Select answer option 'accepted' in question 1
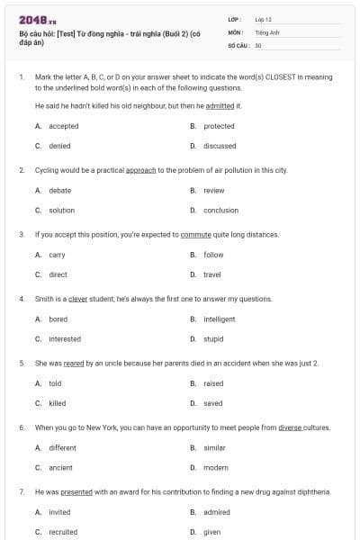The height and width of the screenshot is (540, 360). (63, 126)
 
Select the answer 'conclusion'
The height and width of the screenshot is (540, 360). (220, 210)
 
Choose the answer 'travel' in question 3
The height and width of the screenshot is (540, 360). (212, 274)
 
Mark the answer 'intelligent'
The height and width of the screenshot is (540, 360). (219, 319)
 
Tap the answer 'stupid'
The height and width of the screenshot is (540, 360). (213, 339)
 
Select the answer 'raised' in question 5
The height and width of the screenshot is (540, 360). (213, 383)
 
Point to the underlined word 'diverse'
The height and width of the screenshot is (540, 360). (290, 427)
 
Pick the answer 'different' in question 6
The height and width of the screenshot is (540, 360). (62, 447)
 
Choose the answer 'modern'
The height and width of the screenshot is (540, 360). (216, 468)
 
